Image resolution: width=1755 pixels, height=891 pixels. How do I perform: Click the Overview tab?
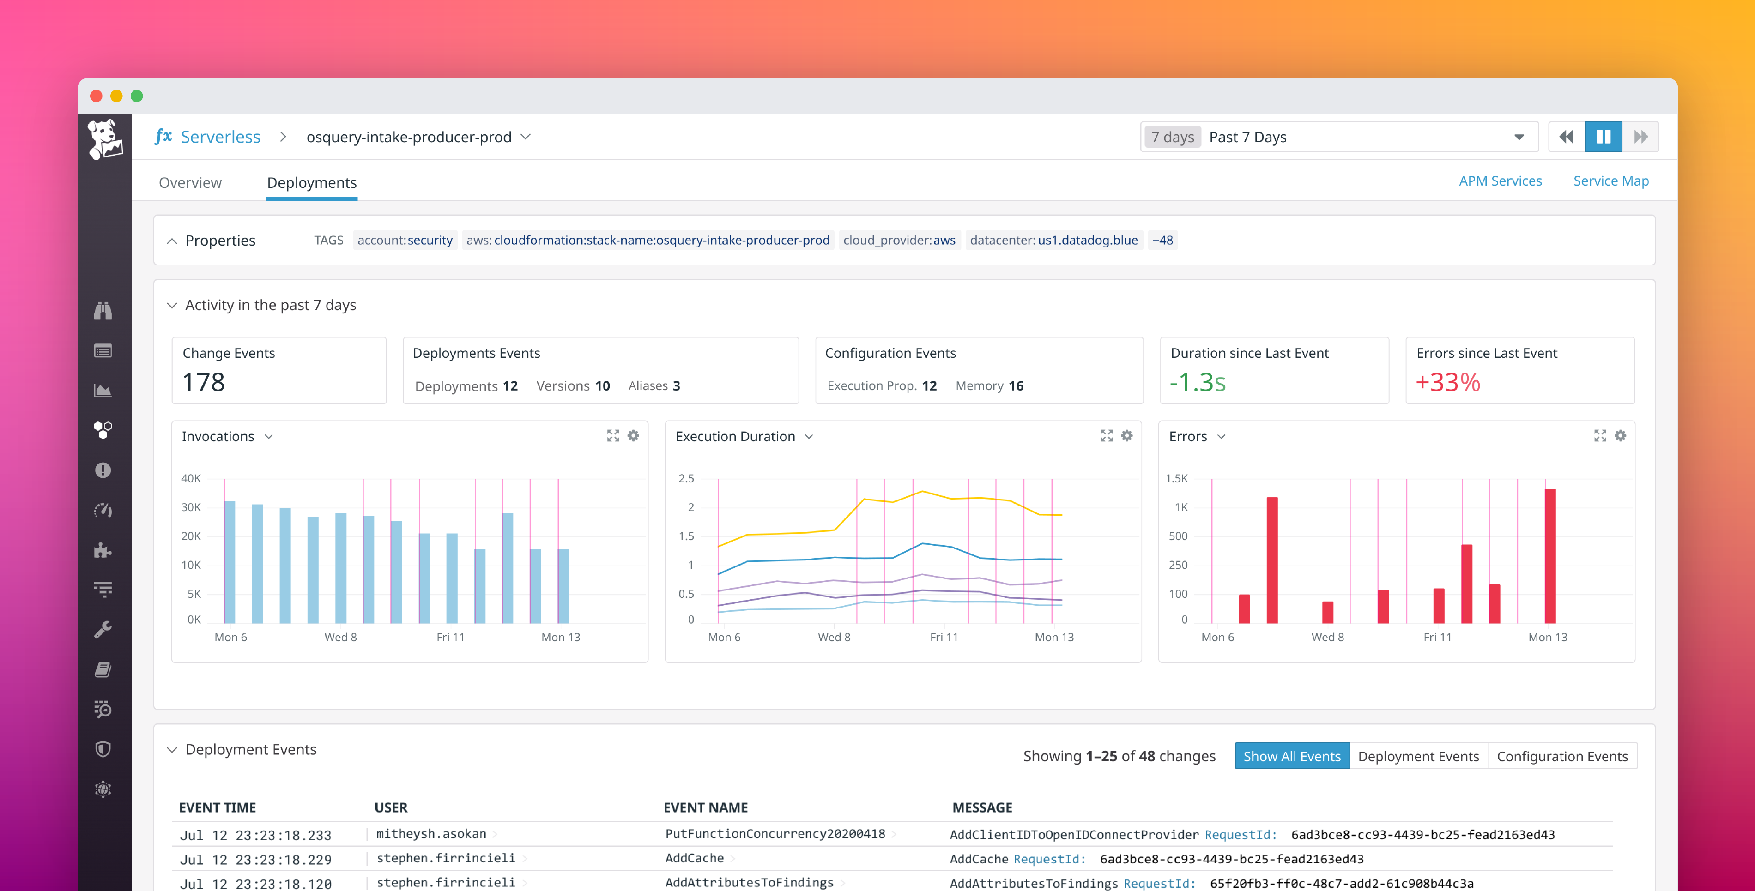coord(190,182)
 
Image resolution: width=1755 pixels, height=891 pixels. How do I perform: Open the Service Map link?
coord(1610,181)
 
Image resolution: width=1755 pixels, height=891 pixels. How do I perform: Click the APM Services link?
coord(1500,181)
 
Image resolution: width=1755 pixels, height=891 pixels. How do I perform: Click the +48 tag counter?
coord(1162,240)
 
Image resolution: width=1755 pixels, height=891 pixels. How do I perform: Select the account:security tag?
coord(405,240)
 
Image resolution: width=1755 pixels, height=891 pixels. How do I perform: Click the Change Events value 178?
coord(204,382)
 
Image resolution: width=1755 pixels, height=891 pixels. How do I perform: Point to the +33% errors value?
coord(1448,382)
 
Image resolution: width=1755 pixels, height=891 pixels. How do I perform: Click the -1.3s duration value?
coord(1197,382)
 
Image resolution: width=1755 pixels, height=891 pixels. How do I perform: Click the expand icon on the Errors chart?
coord(1600,436)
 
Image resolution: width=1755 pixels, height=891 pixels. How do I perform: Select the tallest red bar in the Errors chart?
coord(1550,555)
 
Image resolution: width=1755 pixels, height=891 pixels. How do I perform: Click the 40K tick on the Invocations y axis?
coord(191,478)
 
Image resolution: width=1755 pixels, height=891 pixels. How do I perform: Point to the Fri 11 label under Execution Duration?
coord(944,637)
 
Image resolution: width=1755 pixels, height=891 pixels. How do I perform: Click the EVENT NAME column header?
coord(705,807)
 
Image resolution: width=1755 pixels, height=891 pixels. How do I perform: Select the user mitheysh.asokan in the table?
coord(431,834)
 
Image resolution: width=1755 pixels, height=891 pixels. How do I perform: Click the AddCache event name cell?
coord(694,858)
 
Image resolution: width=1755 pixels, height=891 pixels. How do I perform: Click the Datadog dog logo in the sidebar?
coord(104,138)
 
